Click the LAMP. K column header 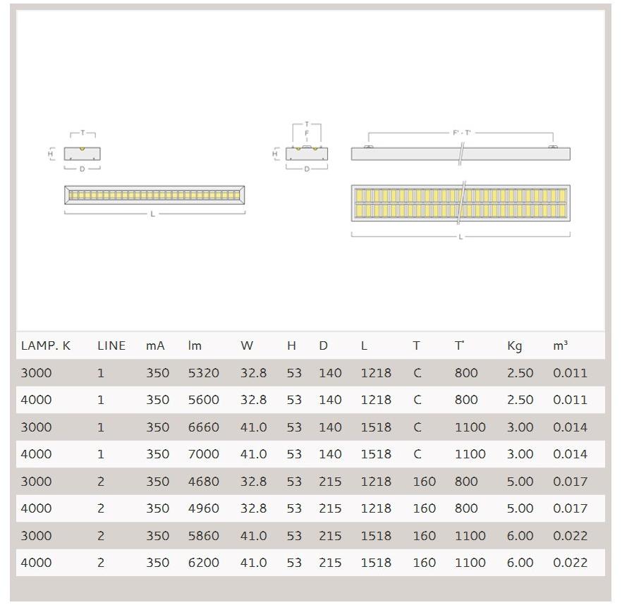46,346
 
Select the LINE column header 111,346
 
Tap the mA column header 155,346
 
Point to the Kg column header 515,346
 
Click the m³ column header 560,346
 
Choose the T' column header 459,346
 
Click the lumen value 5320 204,373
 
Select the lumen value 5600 204,400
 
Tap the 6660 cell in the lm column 204,427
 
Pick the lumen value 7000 204,454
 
